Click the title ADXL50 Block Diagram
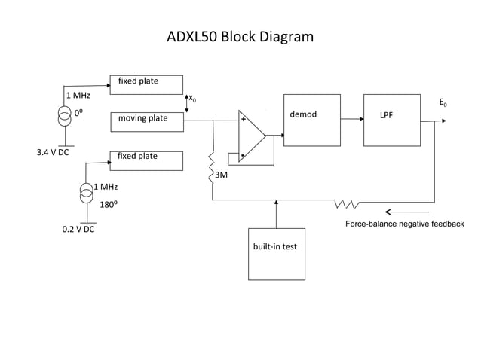240,37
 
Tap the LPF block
392,121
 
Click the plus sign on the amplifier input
243,120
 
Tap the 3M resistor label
222,175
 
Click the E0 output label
443,102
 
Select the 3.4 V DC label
54,152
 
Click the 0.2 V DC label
78,228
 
